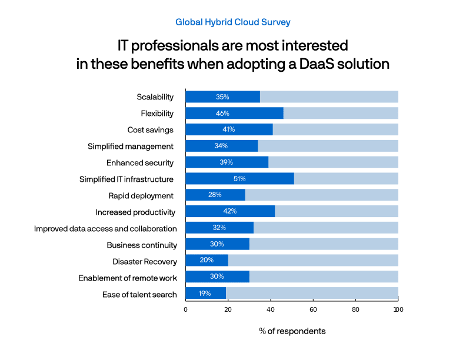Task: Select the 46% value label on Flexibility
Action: click(x=222, y=113)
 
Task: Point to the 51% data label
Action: click(x=239, y=178)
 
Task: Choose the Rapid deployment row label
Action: click(x=141, y=195)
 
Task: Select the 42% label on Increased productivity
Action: click(x=230, y=211)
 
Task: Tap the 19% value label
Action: click(x=205, y=293)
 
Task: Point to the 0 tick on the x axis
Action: click(x=185, y=309)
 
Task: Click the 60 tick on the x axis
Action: click(x=313, y=309)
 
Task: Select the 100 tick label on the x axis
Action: click(x=398, y=309)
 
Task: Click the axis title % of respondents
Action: click(x=292, y=331)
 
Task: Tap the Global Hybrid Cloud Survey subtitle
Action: click(x=233, y=22)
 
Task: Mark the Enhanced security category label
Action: click(x=140, y=162)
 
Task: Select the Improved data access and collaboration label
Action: click(x=105, y=228)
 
